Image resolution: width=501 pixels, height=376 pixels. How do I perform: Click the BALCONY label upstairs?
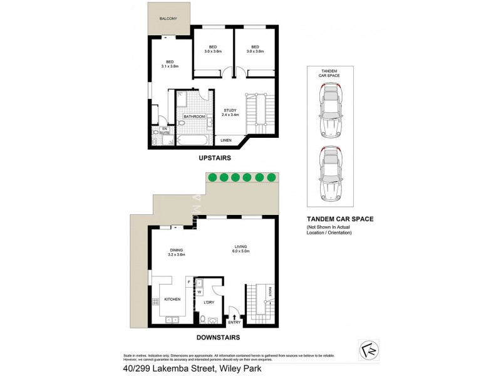point(168,19)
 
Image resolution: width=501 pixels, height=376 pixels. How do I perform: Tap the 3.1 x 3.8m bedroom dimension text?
point(170,66)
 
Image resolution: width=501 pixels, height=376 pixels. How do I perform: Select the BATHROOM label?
point(194,117)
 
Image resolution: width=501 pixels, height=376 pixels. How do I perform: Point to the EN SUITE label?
point(165,131)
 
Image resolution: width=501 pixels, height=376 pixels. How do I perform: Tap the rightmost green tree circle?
point(272,177)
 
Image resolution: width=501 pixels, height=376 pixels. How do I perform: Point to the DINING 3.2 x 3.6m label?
point(176,253)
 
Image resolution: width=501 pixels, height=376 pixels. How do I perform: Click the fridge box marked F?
point(187,282)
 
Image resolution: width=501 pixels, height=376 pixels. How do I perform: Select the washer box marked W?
point(199,291)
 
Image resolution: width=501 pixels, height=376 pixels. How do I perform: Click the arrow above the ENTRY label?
point(234,316)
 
